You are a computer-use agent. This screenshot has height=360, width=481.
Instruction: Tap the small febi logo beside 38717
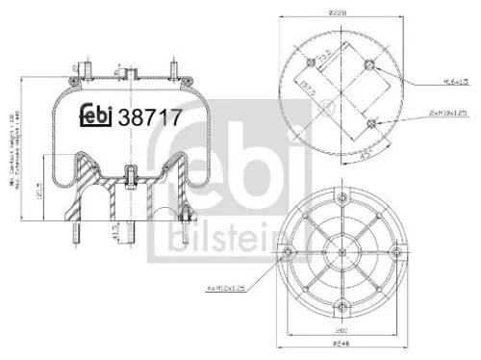coord(95,116)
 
